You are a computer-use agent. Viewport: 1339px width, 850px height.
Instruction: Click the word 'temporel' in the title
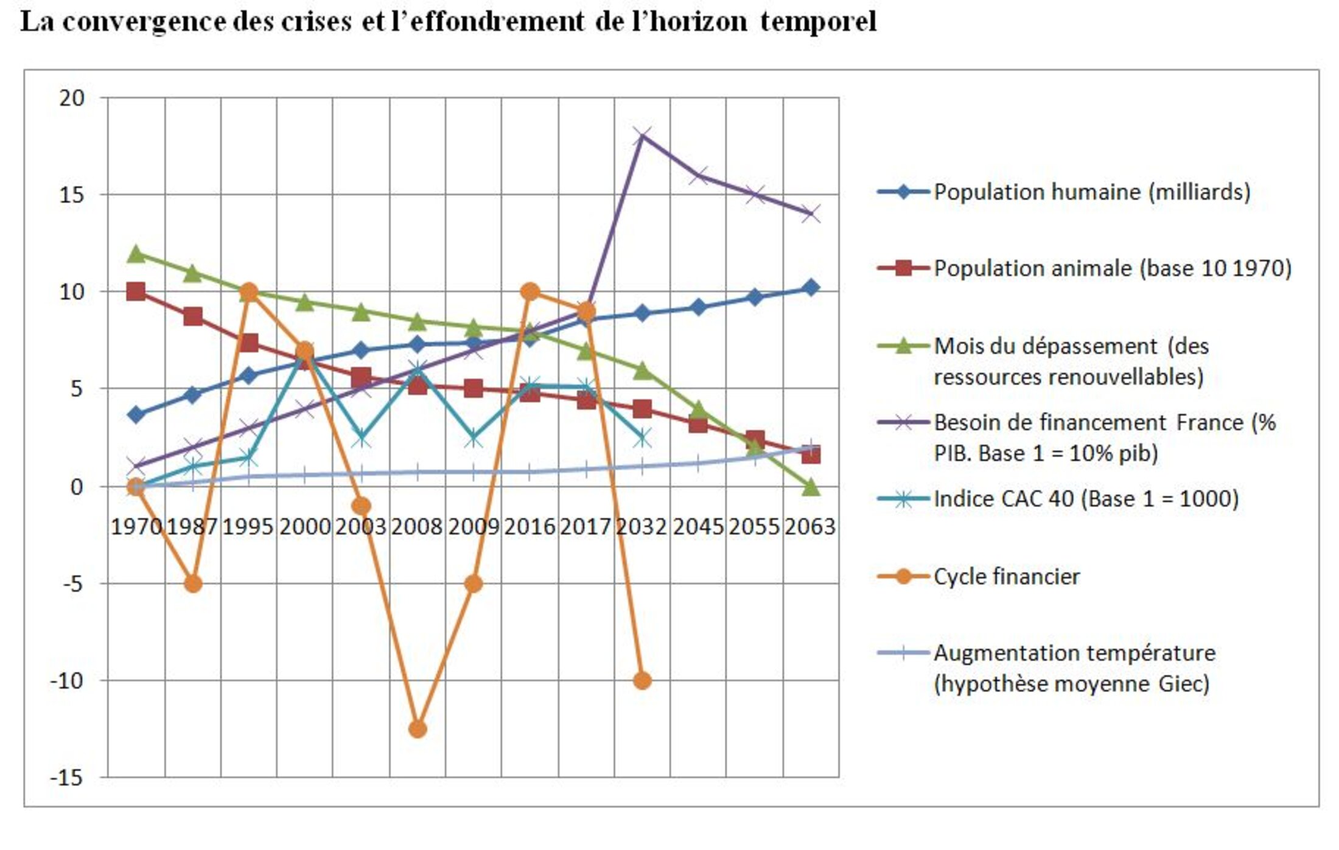click(818, 22)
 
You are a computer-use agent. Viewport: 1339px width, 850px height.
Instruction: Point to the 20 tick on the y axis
click(72, 98)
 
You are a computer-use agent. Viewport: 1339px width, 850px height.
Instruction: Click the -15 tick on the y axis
click(66, 778)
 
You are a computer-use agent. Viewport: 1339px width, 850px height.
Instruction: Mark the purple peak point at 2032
click(642, 136)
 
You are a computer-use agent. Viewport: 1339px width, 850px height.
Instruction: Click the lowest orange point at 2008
click(418, 729)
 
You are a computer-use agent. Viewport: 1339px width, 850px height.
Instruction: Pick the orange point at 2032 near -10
click(642, 680)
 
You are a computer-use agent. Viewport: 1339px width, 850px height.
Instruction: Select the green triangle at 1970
click(136, 254)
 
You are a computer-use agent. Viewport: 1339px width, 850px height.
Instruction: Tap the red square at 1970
click(136, 291)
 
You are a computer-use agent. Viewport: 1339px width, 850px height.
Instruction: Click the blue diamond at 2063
click(810, 288)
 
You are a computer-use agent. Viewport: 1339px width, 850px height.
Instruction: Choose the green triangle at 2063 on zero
click(811, 487)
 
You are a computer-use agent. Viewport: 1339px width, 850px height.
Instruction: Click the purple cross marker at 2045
click(699, 176)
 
